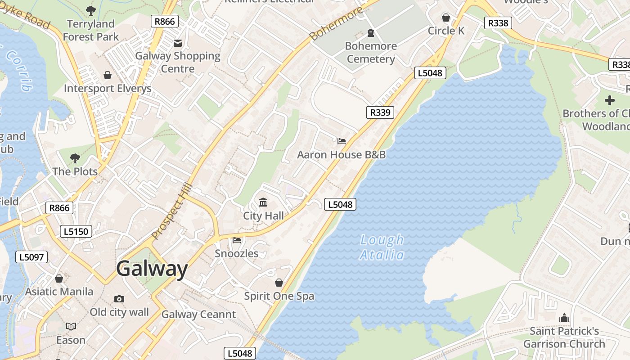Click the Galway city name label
(x=152, y=269)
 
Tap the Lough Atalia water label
(x=382, y=247)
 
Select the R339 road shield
(x=380, y=112)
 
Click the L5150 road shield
(x=76, y=231)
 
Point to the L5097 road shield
(x=31, y=257)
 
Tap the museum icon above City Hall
(x=264, y=202)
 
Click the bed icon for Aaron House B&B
(x=342, y=141)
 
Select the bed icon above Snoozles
(x=237, y=240)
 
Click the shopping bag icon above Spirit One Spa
(x=279, y=283)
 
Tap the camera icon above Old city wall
(x=119, y=299)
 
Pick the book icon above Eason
(x=71, y=327)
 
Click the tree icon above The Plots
(x=75, y=158)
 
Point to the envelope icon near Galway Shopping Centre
(x=178, y=43)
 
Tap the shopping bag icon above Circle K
(x=446, y=18)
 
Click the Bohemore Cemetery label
(x=371, y=52)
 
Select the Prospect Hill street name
(x=172, y=211)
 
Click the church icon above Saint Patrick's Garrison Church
(x=564, y=318)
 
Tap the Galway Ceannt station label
(x=198, y=315)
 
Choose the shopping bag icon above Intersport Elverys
(x=108, y=75)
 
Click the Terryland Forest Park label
(x=91, y=30)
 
